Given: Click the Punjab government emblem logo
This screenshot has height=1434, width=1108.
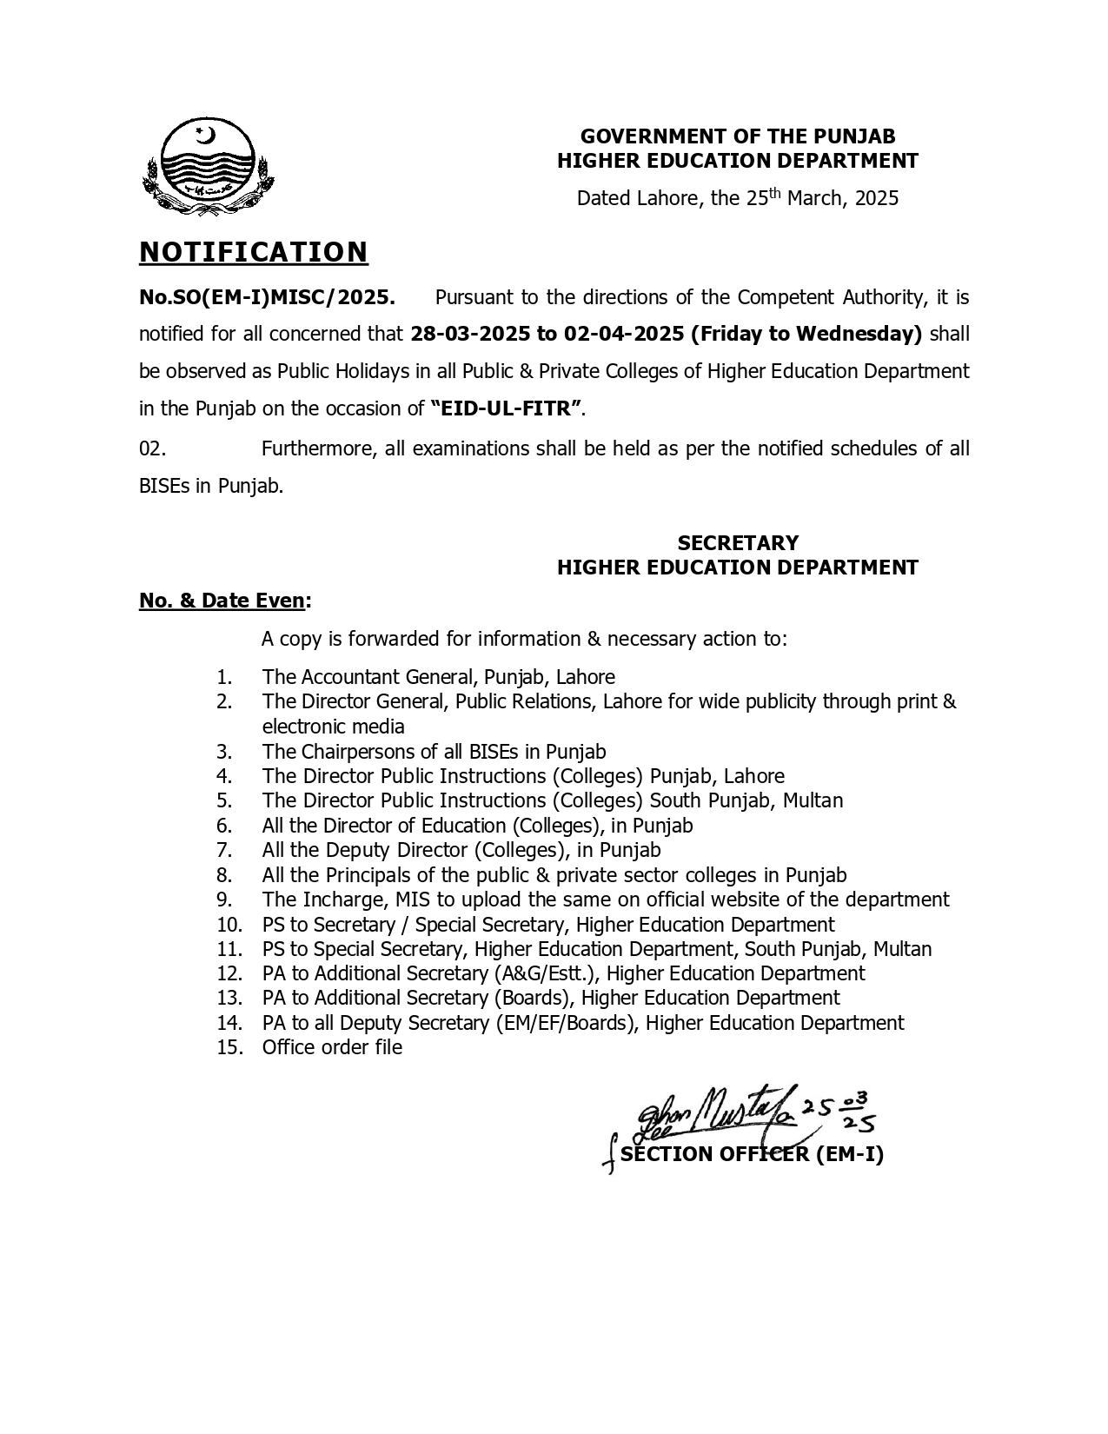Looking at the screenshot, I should coord(208,167).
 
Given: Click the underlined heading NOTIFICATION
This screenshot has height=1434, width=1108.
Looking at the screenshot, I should coord(254,252).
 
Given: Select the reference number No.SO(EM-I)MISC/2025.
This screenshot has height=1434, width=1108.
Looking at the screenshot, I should coord(268,297).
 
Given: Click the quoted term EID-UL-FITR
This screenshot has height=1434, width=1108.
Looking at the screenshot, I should coord(506,408).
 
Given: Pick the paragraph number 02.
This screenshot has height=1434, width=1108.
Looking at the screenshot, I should coord(152,448).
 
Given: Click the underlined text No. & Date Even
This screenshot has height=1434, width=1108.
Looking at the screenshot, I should coord(222,601).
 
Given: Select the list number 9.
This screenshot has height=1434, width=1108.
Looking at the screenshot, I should coord(224,900).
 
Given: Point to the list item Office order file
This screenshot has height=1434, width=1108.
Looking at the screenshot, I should coord(332,1047).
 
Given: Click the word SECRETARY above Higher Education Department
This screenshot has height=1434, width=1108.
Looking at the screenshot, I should coord(738,543).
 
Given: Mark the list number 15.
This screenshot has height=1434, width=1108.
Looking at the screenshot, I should coord(229,1047).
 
